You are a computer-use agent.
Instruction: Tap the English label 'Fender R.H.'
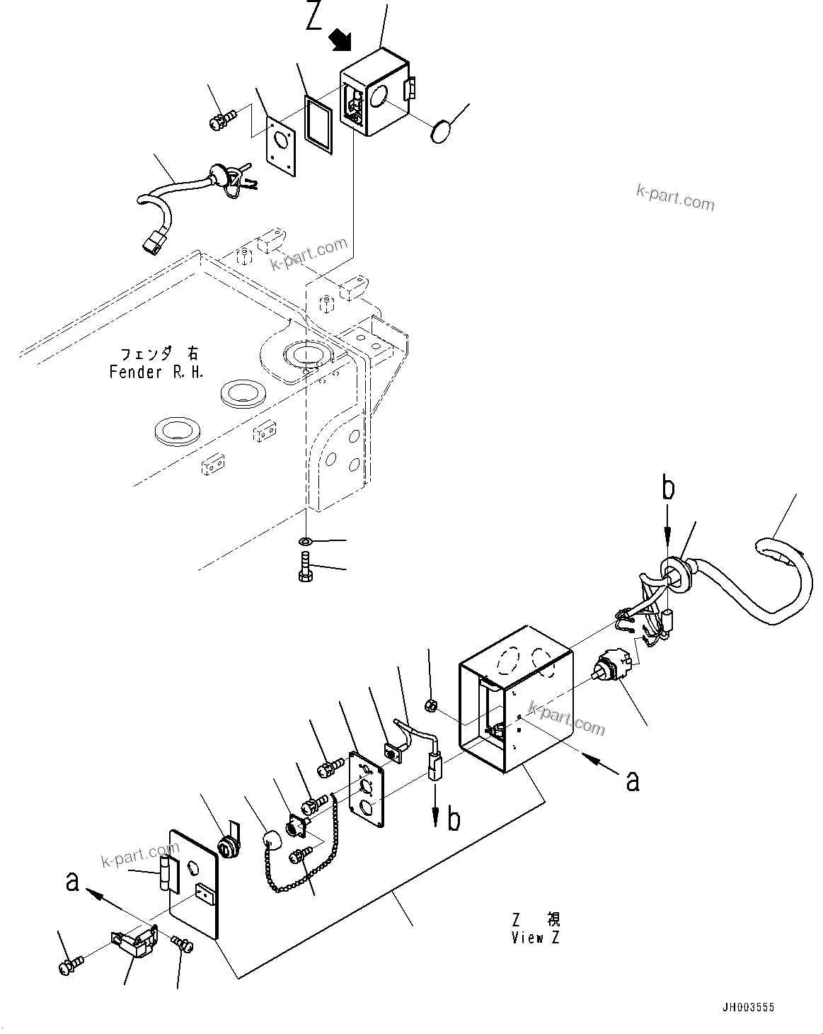tap(156, 372)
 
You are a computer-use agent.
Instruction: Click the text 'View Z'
tap(536, 938)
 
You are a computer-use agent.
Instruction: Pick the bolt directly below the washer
tap(306, 571)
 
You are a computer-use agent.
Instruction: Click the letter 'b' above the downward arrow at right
tap(668, 489)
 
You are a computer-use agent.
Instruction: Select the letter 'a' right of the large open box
tap(632, 780)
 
